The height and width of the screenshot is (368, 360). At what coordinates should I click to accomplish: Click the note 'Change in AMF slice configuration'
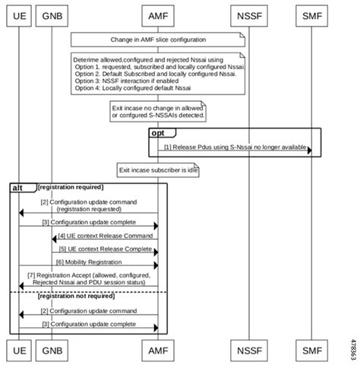click(157, 38)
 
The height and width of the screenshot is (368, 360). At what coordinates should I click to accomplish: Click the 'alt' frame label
click(18, 186)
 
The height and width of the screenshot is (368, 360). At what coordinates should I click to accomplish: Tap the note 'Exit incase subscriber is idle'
click(157, 170)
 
